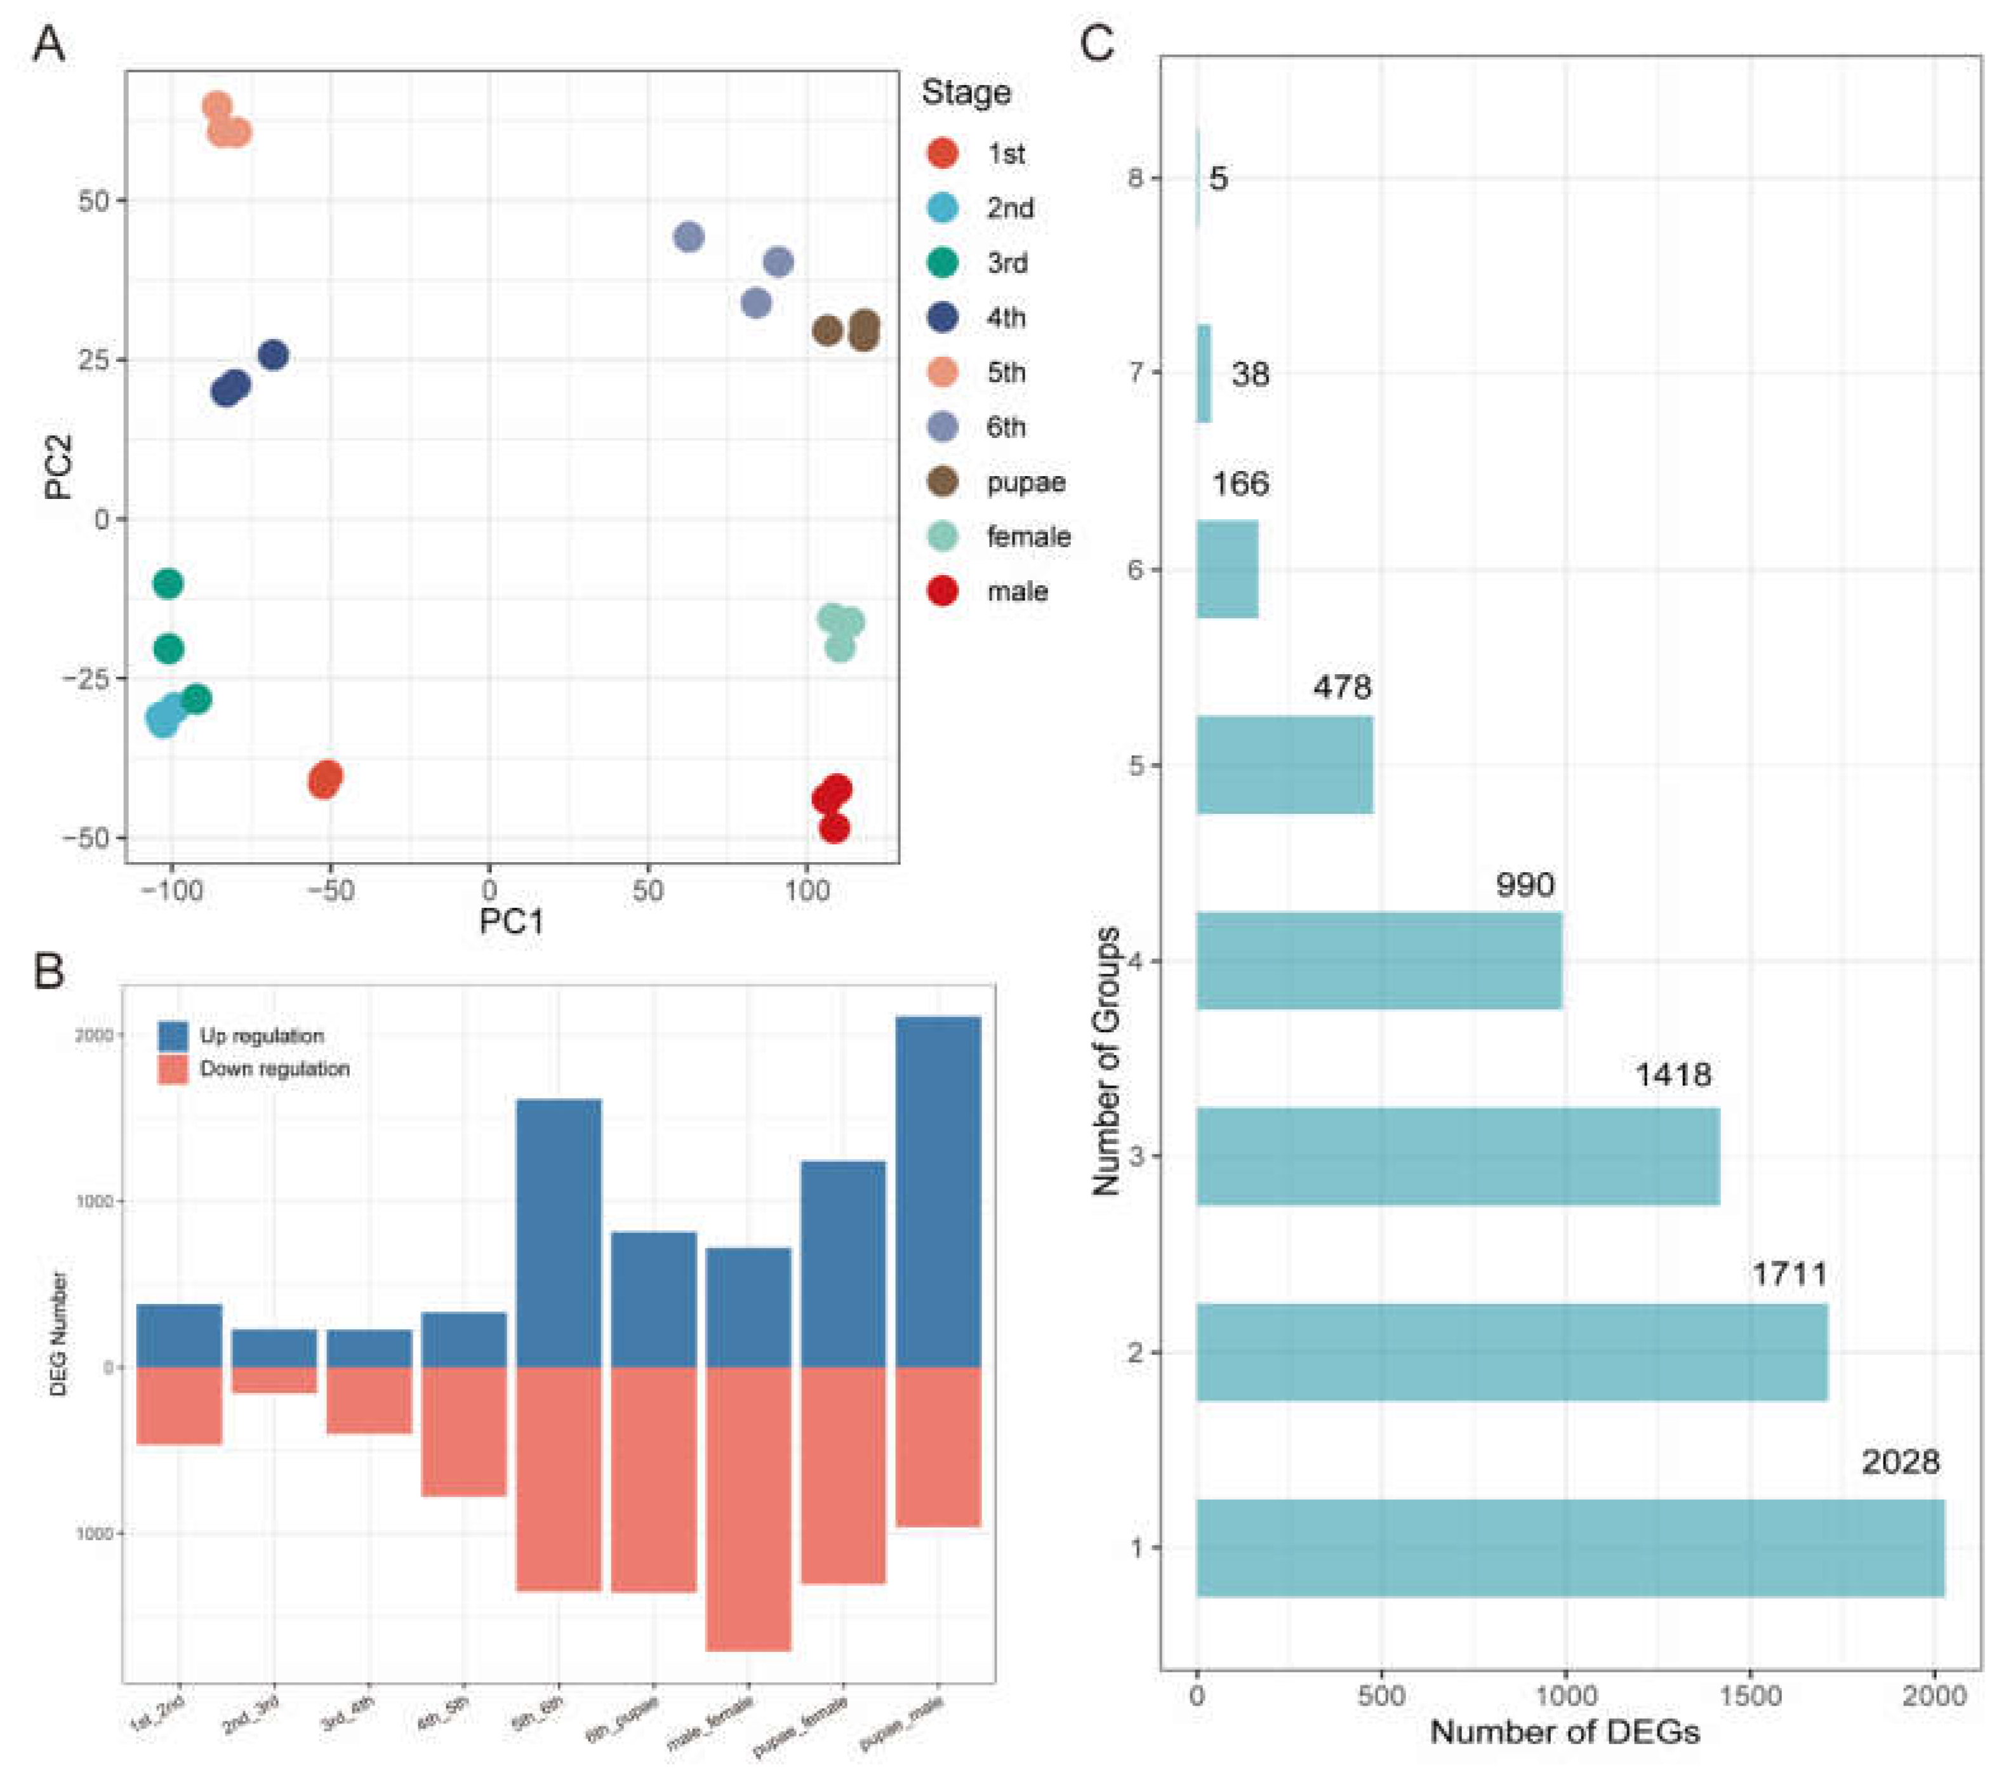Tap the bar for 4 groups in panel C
coord(1378,960)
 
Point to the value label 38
coord(1249,374)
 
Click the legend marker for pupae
coord(942,482)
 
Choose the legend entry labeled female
coord(1028,537)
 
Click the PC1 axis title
coord(510,920)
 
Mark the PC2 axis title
coord(59,467)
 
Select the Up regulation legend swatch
coord(173,1036)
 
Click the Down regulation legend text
coord(275,1068)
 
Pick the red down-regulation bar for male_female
coord(748,1508)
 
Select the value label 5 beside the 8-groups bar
coord(1218,178)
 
